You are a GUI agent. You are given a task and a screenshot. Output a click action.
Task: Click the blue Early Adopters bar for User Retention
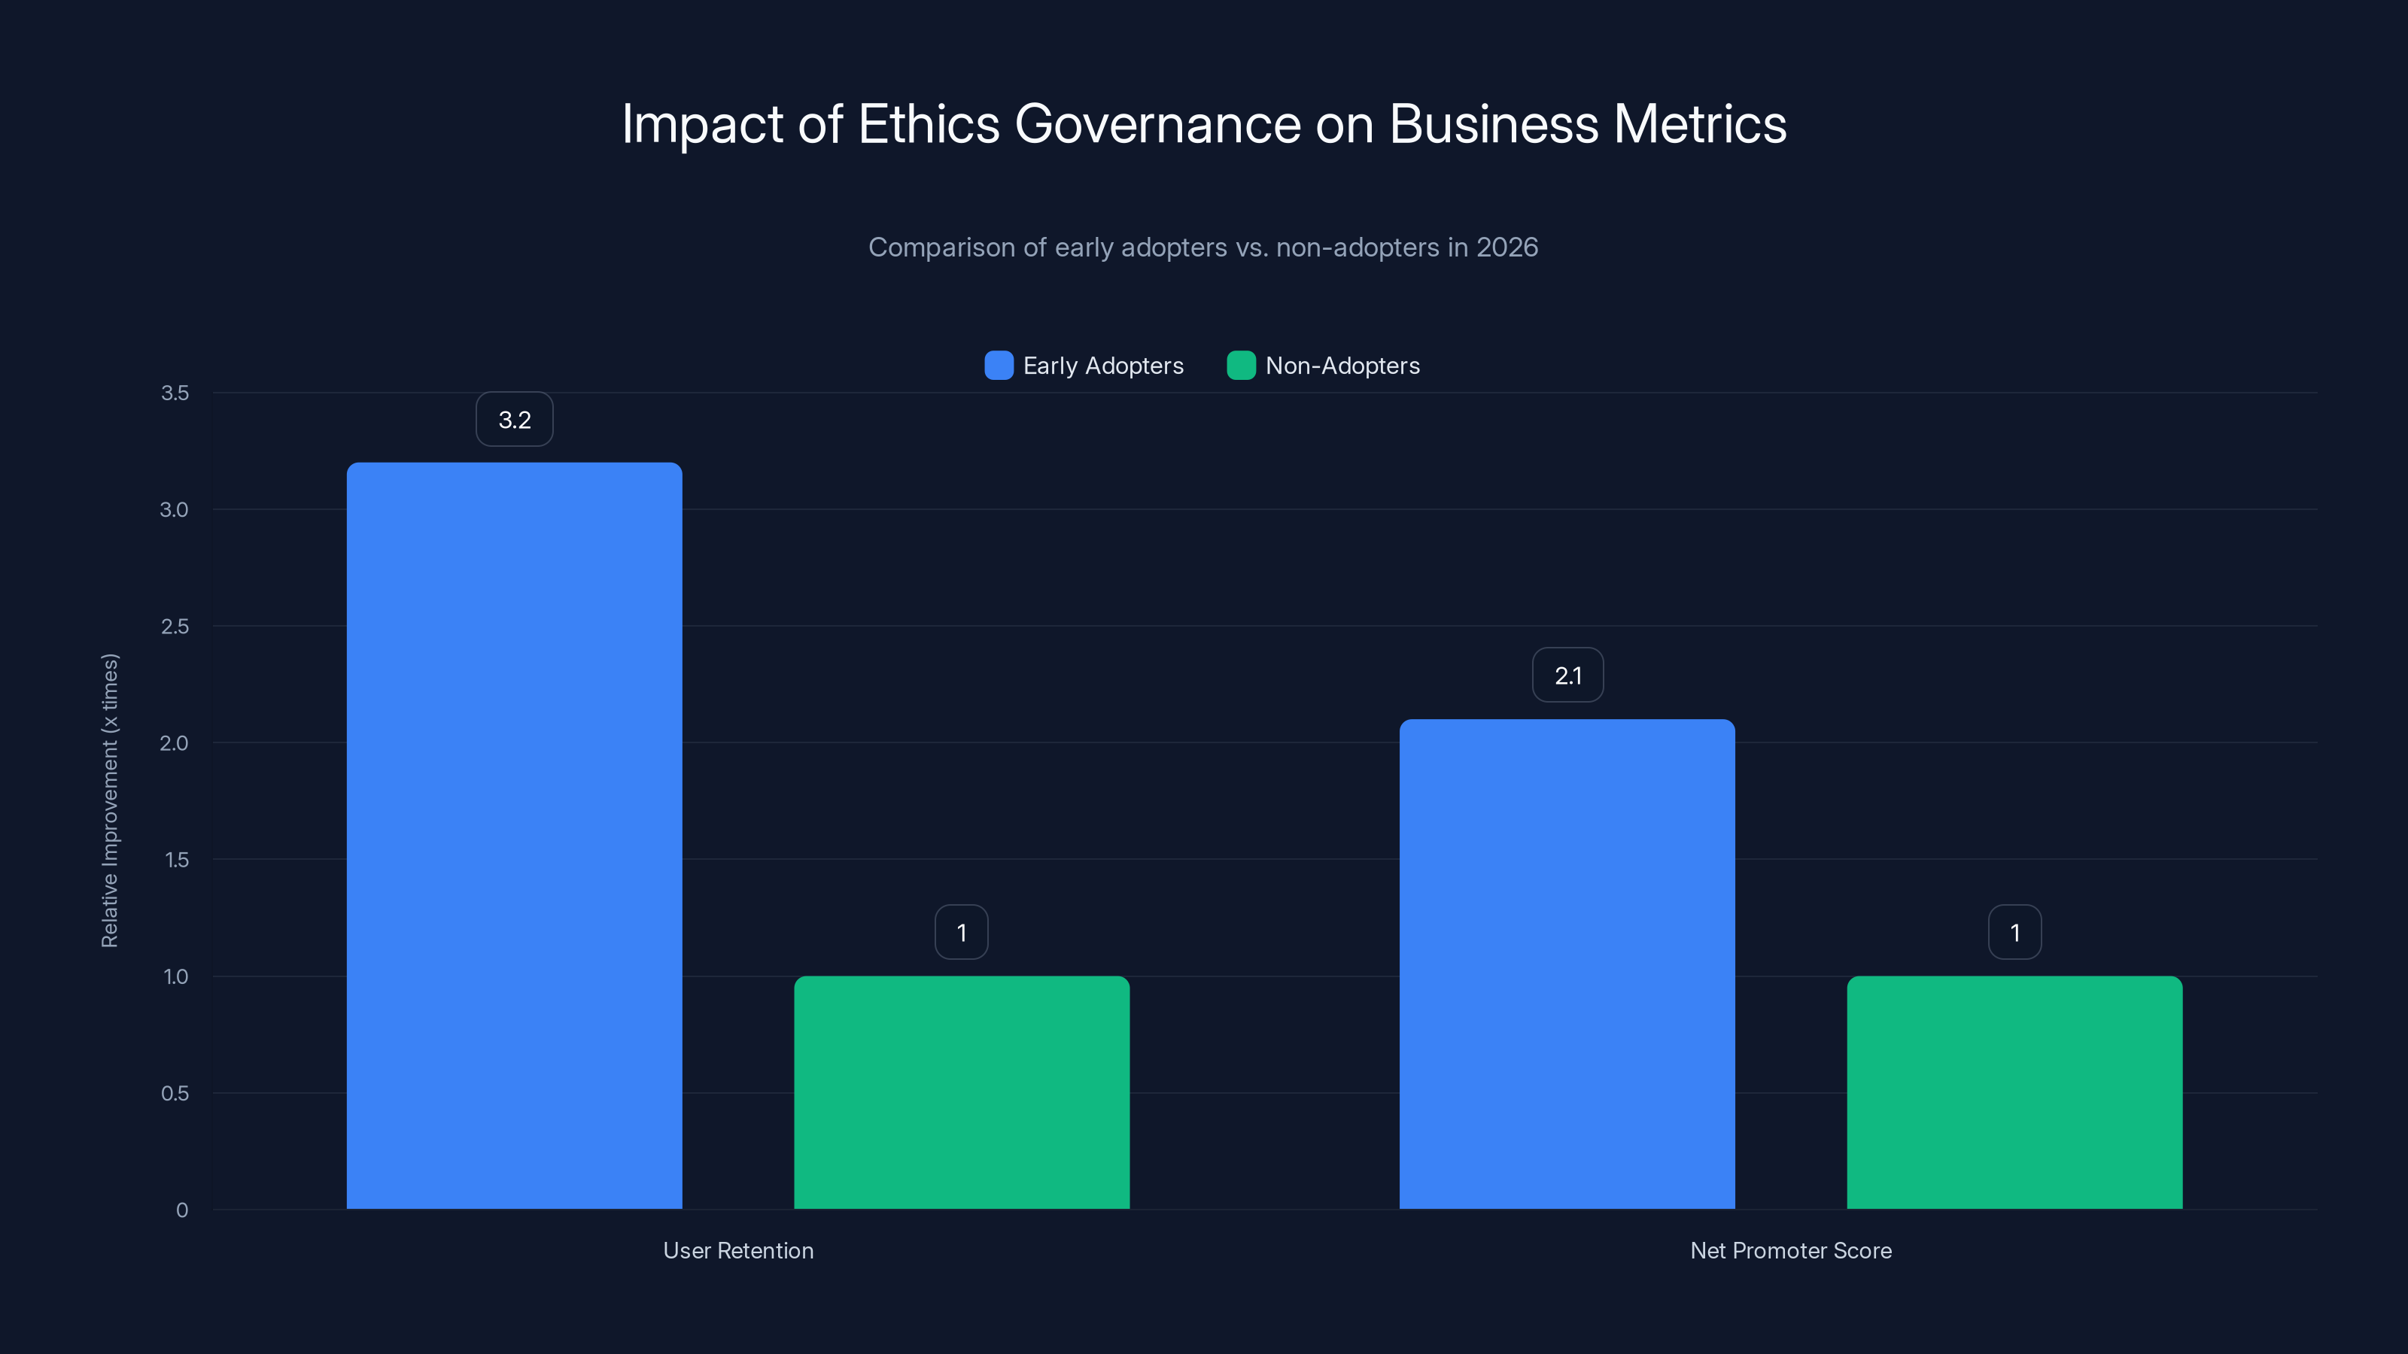point(514,836)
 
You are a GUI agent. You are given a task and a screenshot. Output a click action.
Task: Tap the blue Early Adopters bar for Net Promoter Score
point(1567,964)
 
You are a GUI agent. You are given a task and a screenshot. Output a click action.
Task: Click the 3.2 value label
point(514,420)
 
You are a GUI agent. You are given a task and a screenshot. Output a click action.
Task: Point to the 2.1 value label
point(1567,675)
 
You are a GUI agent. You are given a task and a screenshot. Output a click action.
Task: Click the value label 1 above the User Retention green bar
point(961,933)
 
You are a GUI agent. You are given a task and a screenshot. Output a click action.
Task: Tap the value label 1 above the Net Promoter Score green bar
point(2014,933)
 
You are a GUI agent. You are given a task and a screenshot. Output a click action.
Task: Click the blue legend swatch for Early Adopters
point(999,366)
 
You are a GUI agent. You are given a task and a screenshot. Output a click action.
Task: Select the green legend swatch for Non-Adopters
point(1240,366)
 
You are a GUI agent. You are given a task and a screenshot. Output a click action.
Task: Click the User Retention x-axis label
point(738,1250)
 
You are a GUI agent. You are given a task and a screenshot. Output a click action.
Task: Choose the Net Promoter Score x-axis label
point(1790,1250)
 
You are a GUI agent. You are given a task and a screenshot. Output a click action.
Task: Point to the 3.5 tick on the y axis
point(175,393)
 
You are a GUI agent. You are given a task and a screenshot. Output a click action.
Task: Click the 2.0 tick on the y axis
point(174,743)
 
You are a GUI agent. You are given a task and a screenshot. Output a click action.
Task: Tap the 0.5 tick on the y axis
point(175,1093)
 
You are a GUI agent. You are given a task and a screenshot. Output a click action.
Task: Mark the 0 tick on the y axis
point(182,1210)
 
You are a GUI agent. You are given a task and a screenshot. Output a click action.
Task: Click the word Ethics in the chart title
point(929,124)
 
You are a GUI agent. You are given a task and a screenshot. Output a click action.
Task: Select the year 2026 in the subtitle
point(1507,247)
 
